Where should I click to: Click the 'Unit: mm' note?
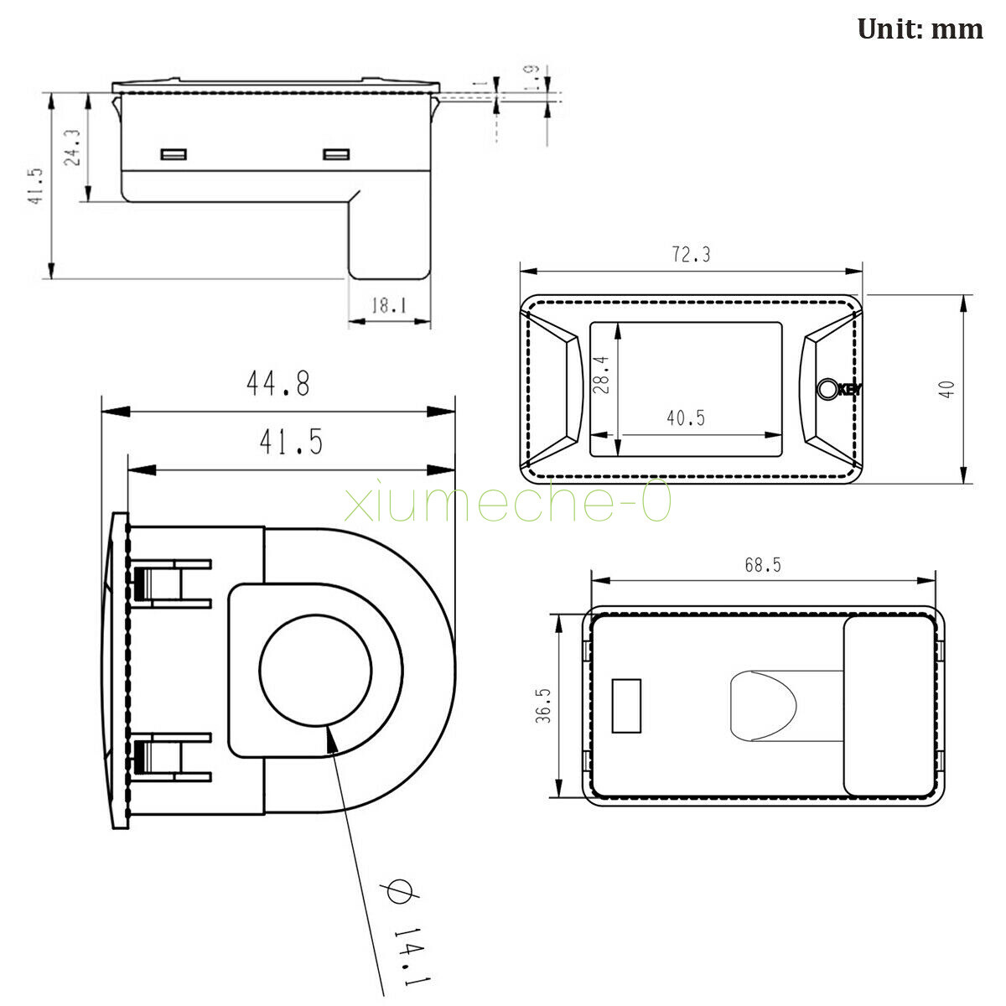click(x=920, y=29)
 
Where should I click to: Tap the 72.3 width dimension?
click(x=691, y=255)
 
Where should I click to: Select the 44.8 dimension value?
click(x=278, y=383)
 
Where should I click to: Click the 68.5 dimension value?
click(x=763, y=565)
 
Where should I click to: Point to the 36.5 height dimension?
click(x=543, y=705)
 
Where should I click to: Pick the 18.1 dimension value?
click(x=388, y=305)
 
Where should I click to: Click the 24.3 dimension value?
click(x=72, y=148)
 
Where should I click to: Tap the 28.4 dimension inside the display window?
click(x=601, y=375)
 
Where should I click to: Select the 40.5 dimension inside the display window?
click(x=686, y=417)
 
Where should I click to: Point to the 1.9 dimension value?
click(x=532, y=78)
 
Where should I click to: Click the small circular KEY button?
click(x=827, y=389)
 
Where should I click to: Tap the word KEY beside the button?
click(x=849, y=390)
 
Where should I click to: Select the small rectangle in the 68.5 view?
click(x=626, y=706)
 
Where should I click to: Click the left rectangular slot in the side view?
click(x=174, y=154)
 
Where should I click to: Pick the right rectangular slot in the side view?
click(x=336, y=154)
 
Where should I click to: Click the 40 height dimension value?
click(x=946, y=390)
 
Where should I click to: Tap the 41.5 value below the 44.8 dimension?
click(x=291, y=442)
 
